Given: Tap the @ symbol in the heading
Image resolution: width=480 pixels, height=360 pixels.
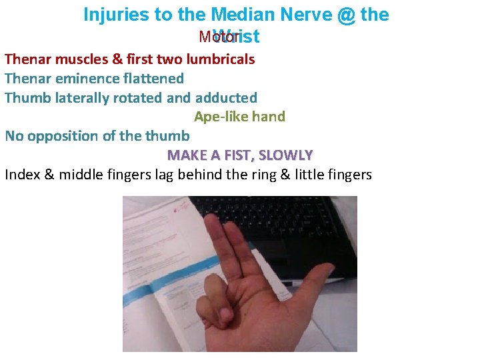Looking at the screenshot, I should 347,15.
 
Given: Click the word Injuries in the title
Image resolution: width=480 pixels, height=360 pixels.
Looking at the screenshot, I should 117,15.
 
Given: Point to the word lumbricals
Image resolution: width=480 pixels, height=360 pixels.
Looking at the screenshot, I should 222,59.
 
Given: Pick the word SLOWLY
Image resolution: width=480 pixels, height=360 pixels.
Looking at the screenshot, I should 285,155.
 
